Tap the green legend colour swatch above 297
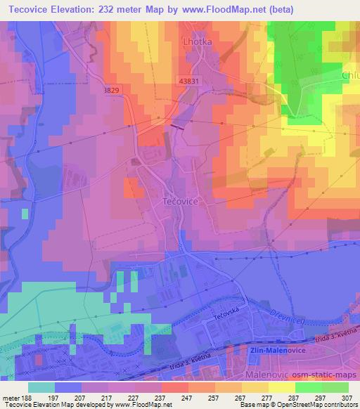pyautogui.click(x=309, y=387)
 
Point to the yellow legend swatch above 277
pyautogui.click(x=257, y=387)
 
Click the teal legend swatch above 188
pyautogui.click(x=41, y=387)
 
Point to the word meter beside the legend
pyautogui.click(x=11, y=396)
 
